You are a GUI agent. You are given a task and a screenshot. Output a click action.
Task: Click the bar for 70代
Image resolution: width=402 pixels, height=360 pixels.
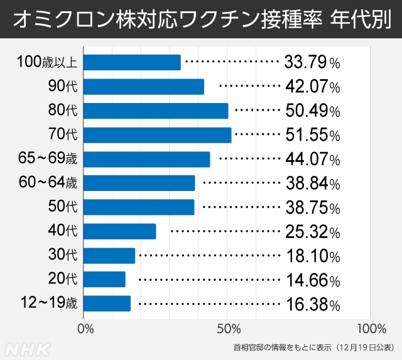pyautogui.click(x=157, y=135)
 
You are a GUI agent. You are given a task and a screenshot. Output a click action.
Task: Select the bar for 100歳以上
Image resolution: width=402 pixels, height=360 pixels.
pyautogui.click(x=132, y=62)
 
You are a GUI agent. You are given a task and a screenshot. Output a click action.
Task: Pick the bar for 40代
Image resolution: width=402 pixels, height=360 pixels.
pyautogui.click(x=119, y=231)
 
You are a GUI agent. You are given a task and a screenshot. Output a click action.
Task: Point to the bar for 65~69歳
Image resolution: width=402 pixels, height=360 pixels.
pyautogui.click(x=146, y=160)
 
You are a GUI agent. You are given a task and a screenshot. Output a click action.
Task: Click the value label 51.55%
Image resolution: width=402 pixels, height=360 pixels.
pyautogui.click(x=312, y=135)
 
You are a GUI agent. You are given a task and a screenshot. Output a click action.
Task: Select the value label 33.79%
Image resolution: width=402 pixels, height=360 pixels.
pyautogui.click(x=312, y=62)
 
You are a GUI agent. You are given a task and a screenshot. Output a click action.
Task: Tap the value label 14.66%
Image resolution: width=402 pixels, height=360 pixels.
pyautogui.click(x=312, y=280)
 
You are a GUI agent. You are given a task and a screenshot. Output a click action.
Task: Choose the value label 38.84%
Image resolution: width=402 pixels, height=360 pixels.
pyautogui.click(x=312, y=183)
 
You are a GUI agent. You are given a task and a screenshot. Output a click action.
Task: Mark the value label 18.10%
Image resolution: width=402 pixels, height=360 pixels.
pyautogui.click(x=312, y=256)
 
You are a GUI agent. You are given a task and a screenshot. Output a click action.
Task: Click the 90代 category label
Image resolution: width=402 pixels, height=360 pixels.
pyautogui.click(x=62, y=87)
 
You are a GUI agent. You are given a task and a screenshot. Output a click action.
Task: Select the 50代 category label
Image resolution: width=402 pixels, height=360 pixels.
pyautogui.click(x=62, y=207)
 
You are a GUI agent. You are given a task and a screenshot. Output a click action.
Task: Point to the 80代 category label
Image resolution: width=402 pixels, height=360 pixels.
pyautogui.click(x=62, y=111)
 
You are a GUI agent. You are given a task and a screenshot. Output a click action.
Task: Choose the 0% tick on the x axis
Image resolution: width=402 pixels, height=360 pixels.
pyautogui.click(x=85, y=329)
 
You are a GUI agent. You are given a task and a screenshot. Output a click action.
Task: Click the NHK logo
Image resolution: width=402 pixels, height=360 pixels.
pyautogui.click(x=24, y=347)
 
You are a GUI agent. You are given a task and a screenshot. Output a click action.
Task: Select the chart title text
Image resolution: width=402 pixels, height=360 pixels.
pyautogui.click(x=200, y=20)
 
